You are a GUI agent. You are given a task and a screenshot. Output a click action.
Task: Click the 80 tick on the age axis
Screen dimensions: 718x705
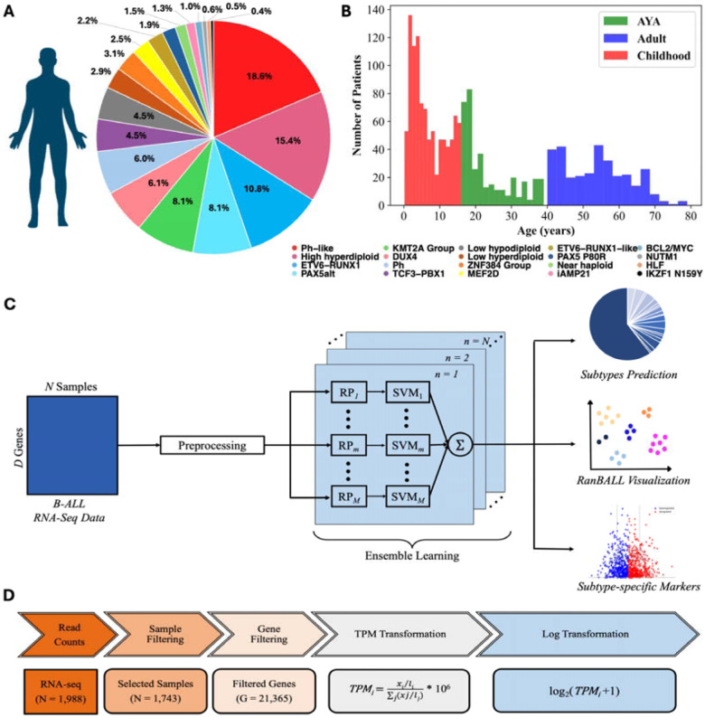click(x=691, y=217)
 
